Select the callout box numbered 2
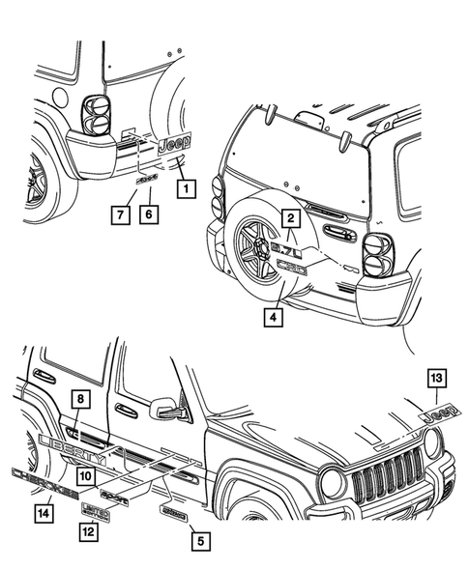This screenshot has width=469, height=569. [287, 219]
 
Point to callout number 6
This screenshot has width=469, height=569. [150, 214]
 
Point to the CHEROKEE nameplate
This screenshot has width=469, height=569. [44, 479]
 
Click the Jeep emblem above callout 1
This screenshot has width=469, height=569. [174, 146]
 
